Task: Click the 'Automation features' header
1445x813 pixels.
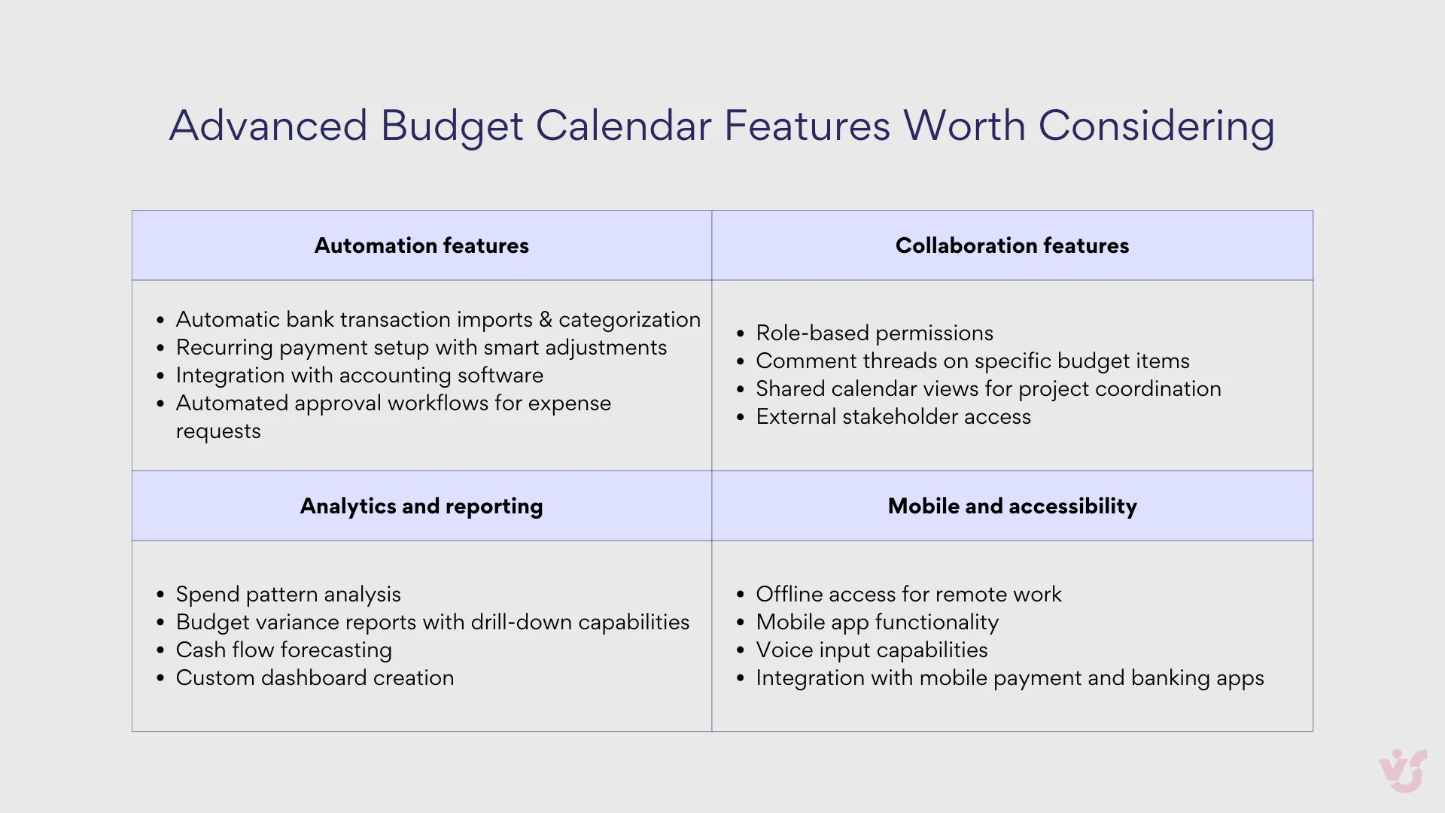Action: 421,245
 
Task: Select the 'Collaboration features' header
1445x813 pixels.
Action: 1011,245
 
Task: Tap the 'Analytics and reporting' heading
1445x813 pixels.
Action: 421,506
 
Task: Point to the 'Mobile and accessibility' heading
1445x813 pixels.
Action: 1011,506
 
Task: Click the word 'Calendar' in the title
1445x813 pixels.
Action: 623,125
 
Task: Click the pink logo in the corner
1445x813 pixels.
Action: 1403,770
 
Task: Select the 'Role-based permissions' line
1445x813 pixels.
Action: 874,333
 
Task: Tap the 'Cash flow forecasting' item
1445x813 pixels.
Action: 284,650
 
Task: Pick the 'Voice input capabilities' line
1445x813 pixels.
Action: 872,650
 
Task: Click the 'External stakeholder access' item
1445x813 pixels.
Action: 893,416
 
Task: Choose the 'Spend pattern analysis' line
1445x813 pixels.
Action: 288,594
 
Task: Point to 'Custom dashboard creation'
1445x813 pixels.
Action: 315,677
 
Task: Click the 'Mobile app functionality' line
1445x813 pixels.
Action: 877,622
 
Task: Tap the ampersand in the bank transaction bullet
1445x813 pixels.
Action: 546,320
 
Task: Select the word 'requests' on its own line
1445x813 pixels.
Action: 218,431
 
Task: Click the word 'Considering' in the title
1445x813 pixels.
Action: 1156,125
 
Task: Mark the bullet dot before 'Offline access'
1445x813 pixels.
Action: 741,595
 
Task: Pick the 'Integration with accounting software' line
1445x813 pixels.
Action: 359,375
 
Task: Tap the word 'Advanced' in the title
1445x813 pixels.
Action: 268,125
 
